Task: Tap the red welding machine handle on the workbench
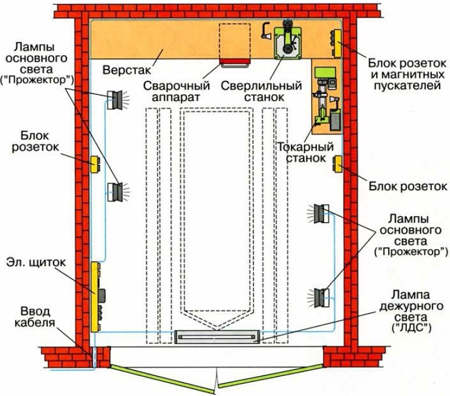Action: click(x=234, y=61)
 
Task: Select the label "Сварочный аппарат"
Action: click(x=173, y=90)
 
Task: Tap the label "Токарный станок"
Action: click(x=301, y=153)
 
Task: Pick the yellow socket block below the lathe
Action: click(x=337, y=164)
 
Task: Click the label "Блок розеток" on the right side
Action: click(x=408, y=186)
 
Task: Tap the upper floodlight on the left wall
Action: click(x=115, y=100)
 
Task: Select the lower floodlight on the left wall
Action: click(x=115, y=190)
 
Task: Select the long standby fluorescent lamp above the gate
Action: click(x=221, y=337)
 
